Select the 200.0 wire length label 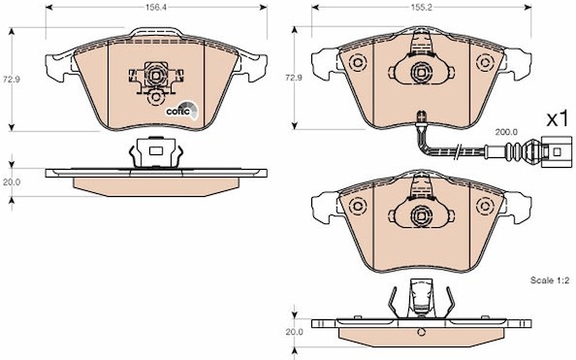tap(506, 132)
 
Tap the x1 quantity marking tap(558, 120)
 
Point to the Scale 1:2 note tap(550, 280)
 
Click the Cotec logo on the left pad tap(182, 110)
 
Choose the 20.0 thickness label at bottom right tap(294, 332)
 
